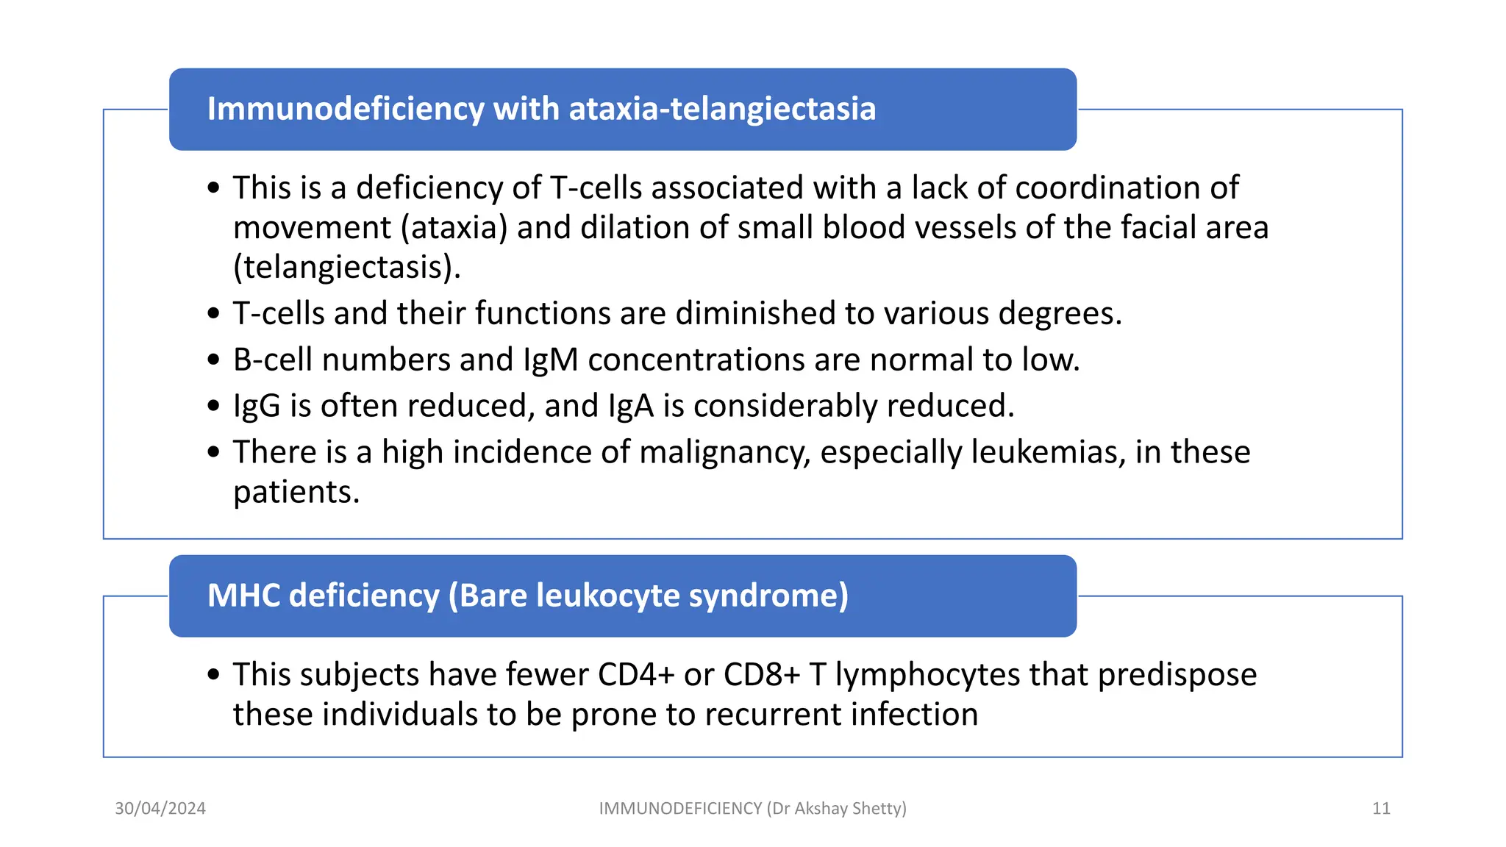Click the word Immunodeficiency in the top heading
[346, 109]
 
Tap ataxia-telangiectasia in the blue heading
[722, 109]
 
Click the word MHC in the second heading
[243, 596]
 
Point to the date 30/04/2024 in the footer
[160, 809]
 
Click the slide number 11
[1381, 809]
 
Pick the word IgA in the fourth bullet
[631, 407]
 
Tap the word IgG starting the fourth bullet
[257, 407]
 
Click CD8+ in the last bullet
[762, 675]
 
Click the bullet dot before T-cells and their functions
[214, 314]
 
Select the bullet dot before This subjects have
[214, 674]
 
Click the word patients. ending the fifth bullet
[296, 492]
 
